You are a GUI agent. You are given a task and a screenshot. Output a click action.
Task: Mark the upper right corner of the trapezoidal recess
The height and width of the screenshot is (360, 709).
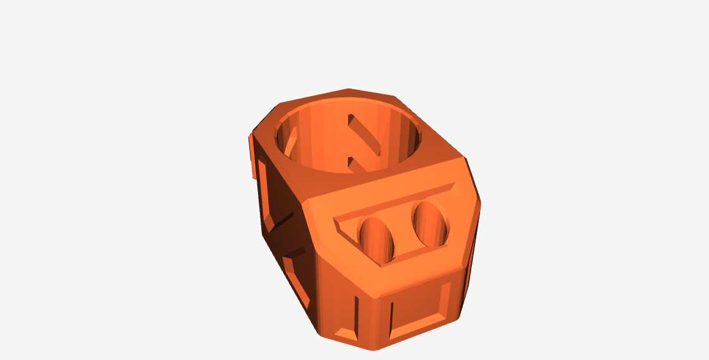pyautogui.click(x=453, y=187)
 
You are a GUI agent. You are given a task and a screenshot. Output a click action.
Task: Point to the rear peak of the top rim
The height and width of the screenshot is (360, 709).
pyautogui.click(x=347, y=89)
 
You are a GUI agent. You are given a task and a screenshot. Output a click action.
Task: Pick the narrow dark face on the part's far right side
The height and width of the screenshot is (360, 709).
pyautogui.click(x=472, y=253)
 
